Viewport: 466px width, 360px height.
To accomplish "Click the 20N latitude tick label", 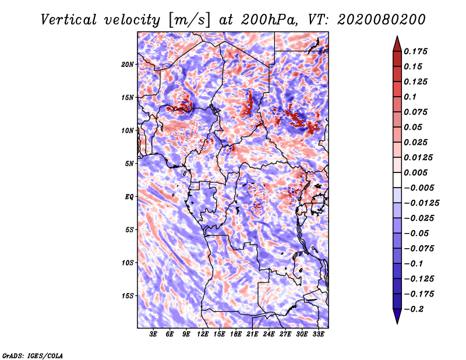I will tap(128, 64).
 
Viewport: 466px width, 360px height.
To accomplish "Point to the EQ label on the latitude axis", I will tap(129, 197).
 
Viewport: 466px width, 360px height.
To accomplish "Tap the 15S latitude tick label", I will tap(128, 295).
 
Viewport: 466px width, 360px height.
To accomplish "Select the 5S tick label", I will tap(129, 230).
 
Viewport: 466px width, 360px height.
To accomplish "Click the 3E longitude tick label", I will tap(154, 334).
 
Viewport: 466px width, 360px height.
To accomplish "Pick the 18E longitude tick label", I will tap(236, 334).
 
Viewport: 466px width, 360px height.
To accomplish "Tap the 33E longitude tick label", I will tap(318, 334).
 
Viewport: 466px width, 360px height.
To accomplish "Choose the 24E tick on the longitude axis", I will tap(269, 334).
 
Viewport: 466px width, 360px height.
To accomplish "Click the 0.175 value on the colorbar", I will tap(417, 51).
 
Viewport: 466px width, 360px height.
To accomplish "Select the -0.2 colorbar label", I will tap(415, 309).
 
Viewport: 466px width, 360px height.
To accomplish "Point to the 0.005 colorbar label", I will tap(417, 172).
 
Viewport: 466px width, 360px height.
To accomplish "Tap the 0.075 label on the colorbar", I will tap(417, 112).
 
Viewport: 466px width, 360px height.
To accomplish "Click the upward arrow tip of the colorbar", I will tap(397, 38).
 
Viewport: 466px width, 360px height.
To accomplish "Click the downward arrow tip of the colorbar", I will tap(397, 322).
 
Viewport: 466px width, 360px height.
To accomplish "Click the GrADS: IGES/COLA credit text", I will tap(32, 355).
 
